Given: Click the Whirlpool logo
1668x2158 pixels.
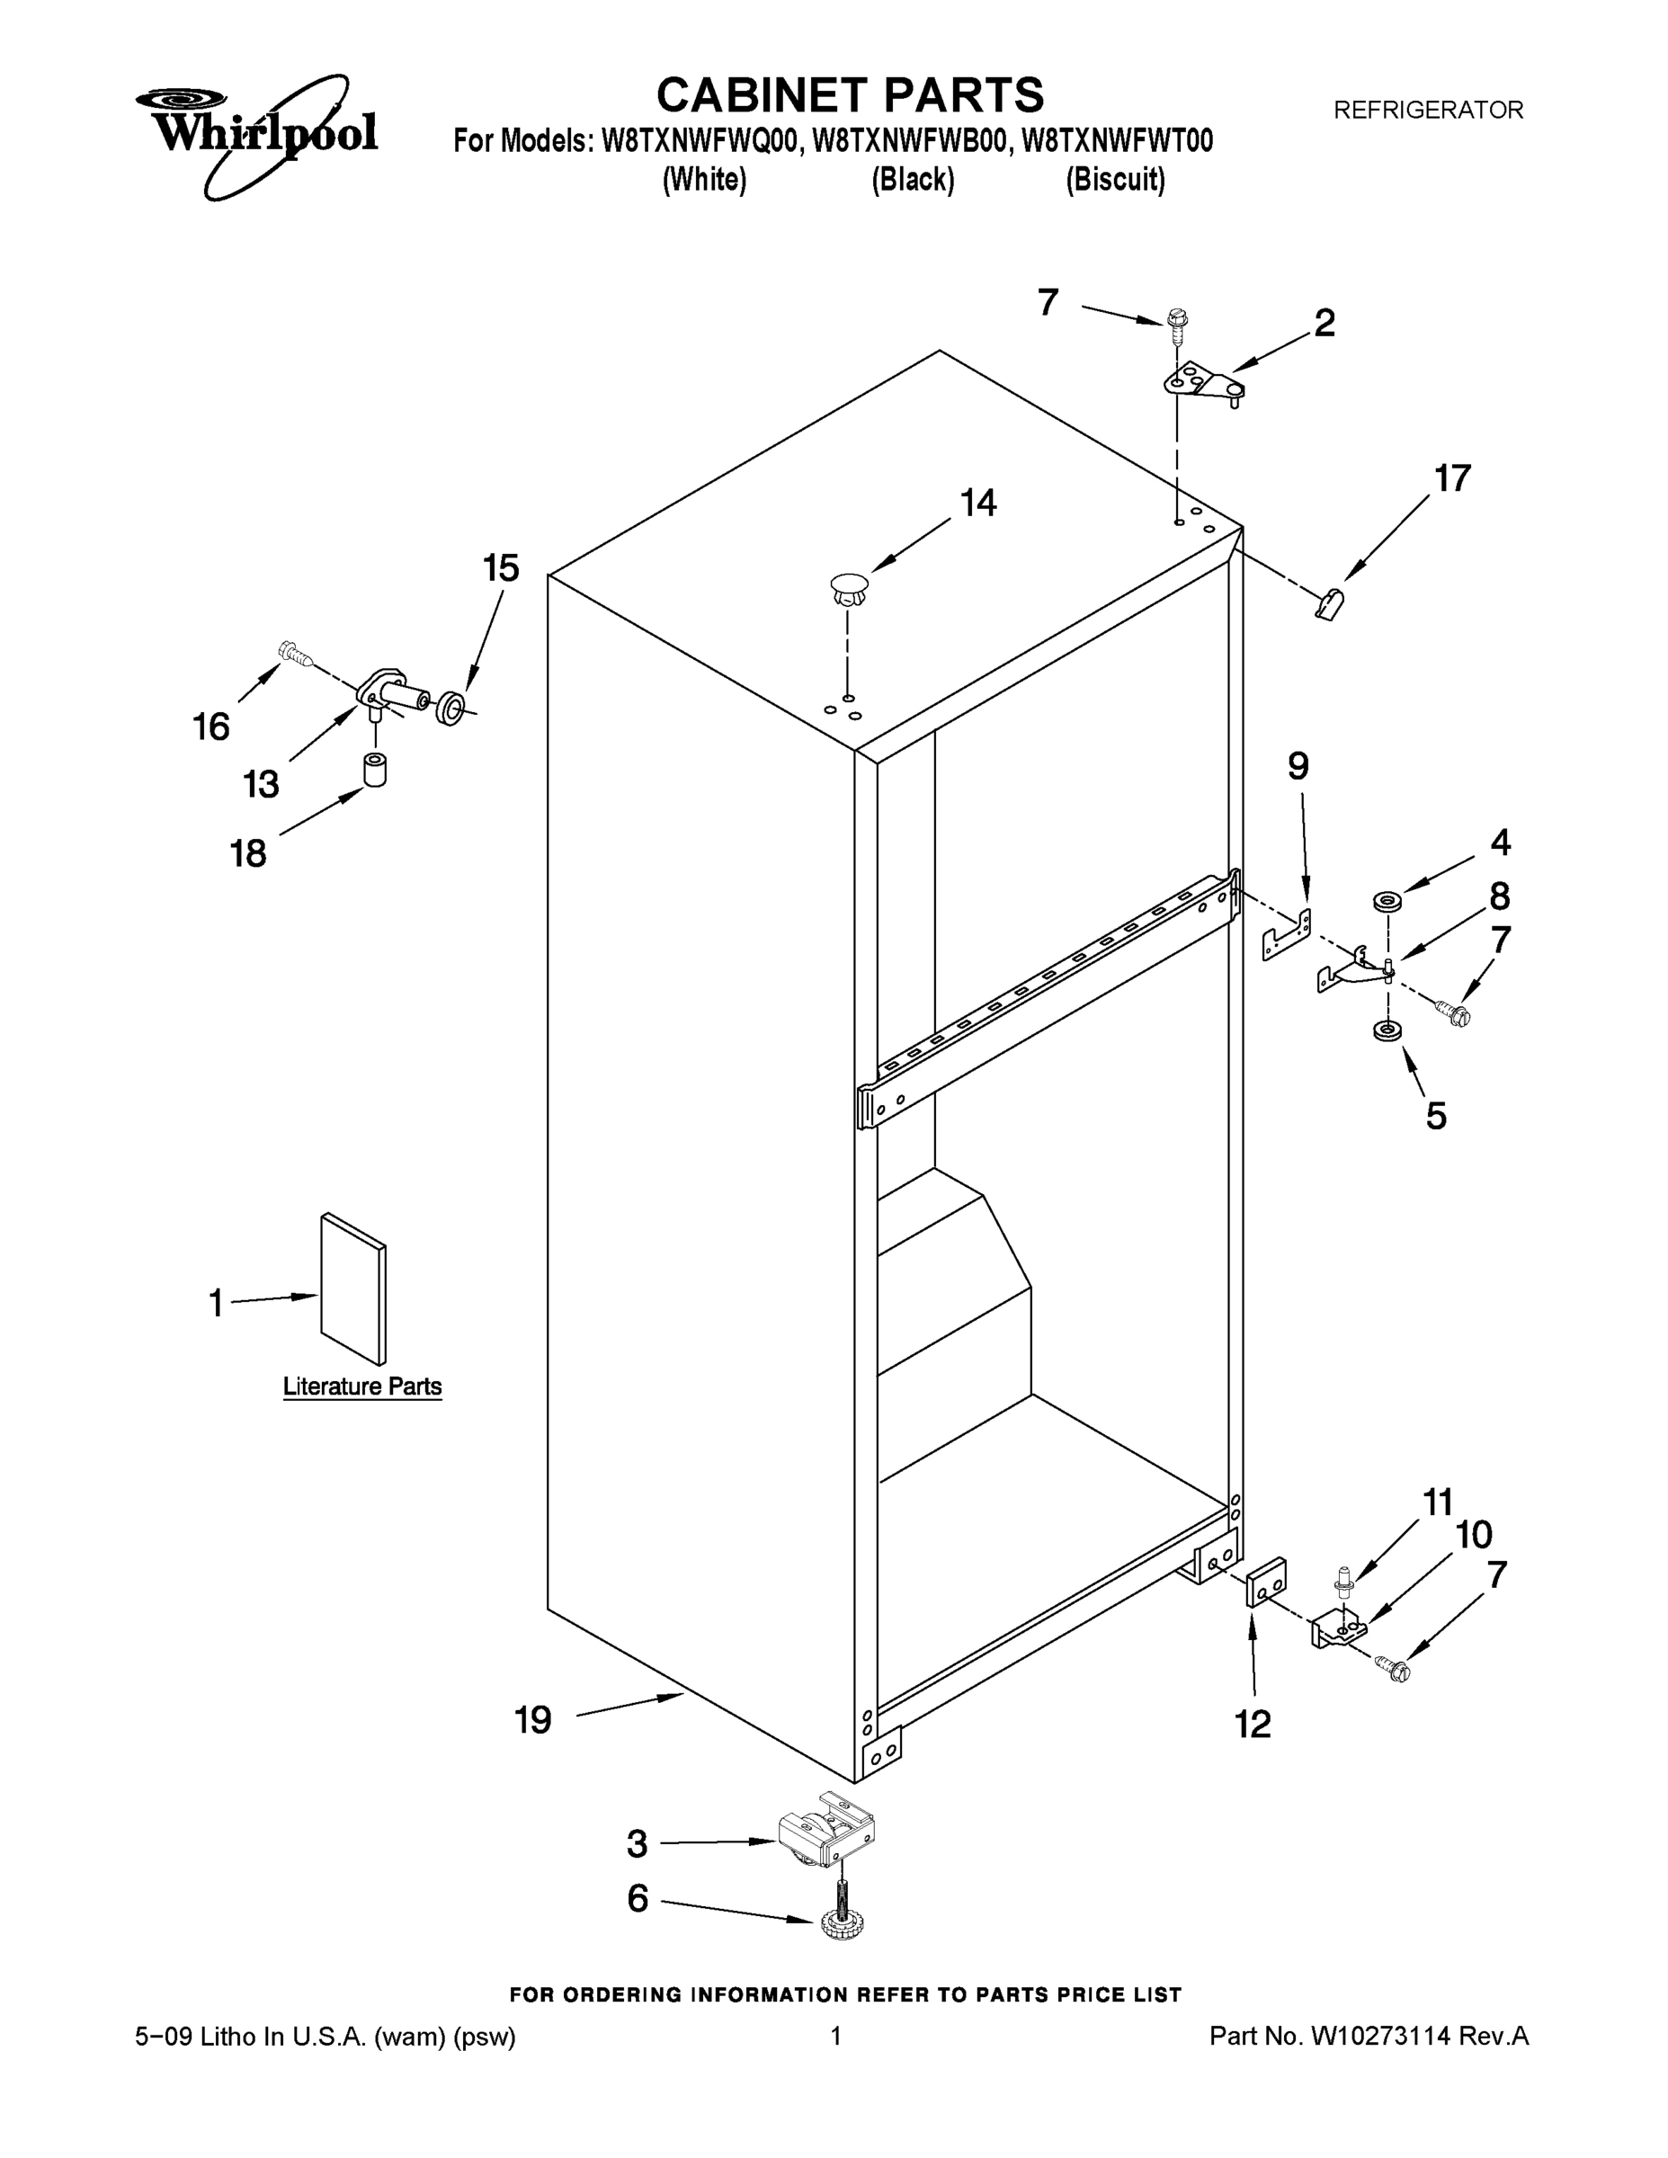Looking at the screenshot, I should click(257, 133).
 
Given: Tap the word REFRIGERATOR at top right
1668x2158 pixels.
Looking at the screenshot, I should click(1428, 111).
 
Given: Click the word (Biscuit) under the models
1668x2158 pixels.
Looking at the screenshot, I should click(1115, 180).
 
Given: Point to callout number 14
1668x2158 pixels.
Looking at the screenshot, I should click(978, 504).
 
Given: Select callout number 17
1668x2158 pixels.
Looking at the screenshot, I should click(1452, 479).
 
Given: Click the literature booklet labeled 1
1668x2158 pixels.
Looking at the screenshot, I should click(352, 1289).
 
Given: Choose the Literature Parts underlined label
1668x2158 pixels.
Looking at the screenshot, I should click(361, 1387).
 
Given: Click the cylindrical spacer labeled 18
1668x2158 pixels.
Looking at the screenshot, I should click(374, 770).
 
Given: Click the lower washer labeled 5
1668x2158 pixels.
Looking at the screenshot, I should click(1386, 1030).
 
